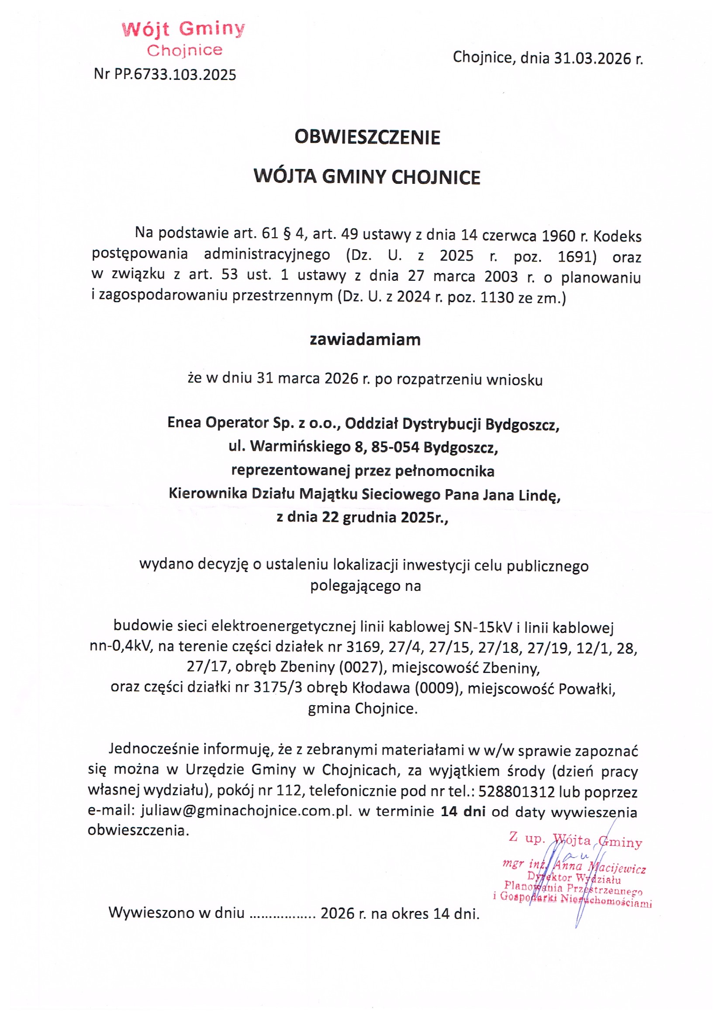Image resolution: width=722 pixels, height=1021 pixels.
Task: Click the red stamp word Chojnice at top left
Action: pyautogui.click(x=184, y=50)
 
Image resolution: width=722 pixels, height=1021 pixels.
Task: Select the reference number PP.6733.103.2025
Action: pyautogui.click(x=175, y=74)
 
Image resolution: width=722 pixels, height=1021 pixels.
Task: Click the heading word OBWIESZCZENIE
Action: pyautogui.click(x=367, y=137)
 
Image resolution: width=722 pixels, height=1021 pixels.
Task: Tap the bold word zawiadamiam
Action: pyautogui.click(x=365, y=340)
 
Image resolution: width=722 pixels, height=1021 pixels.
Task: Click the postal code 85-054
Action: pyautogui.click(x=395, y=447)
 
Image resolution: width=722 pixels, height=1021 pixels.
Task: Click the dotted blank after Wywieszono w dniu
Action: pyautogui.click(x=283, y=914)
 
